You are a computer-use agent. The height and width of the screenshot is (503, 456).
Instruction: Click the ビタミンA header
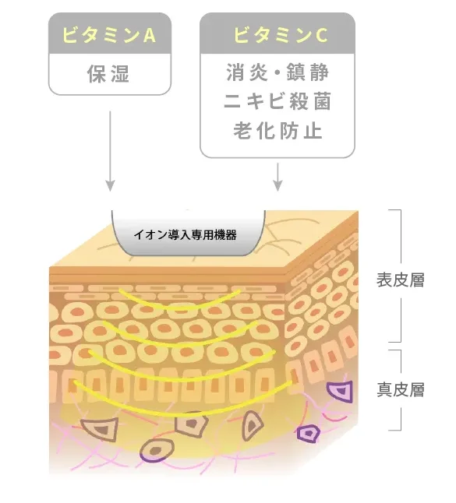[x=109, y=35]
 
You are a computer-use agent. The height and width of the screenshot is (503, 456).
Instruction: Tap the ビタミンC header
[x=280, y=35]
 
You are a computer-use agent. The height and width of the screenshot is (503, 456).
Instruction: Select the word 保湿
[x=108, y=74]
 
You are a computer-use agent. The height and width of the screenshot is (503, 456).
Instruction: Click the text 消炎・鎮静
[x=277, y=72]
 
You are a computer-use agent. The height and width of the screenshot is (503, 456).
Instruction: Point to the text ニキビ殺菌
[x=277, y=101]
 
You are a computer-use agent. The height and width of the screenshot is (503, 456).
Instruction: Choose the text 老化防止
[x=277, y=131]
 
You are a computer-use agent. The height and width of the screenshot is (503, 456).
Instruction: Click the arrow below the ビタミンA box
[x=110, y=151]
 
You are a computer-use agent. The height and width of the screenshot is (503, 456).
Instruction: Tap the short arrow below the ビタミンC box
[x=277, y=177]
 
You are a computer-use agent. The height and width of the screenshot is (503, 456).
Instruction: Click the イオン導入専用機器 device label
[x=186, y=235]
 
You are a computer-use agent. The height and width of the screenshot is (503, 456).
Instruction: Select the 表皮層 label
[x=401, y=280]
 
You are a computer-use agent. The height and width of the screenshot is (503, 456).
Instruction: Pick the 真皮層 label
[x=401, y=390]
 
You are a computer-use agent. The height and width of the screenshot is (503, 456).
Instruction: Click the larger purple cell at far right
[x=341, y=392]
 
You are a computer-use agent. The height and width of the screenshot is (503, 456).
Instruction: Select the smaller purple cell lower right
[x=309, y=434]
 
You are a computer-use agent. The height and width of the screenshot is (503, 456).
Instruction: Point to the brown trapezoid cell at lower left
[x=101, y=429]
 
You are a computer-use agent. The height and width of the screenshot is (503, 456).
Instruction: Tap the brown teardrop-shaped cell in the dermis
[x=253, y=426]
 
